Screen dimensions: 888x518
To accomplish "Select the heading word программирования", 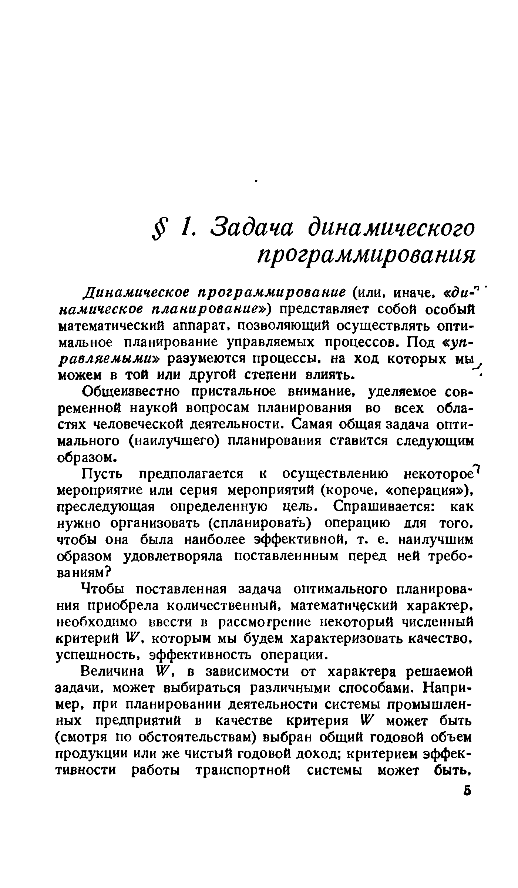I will [x=366, y=256].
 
